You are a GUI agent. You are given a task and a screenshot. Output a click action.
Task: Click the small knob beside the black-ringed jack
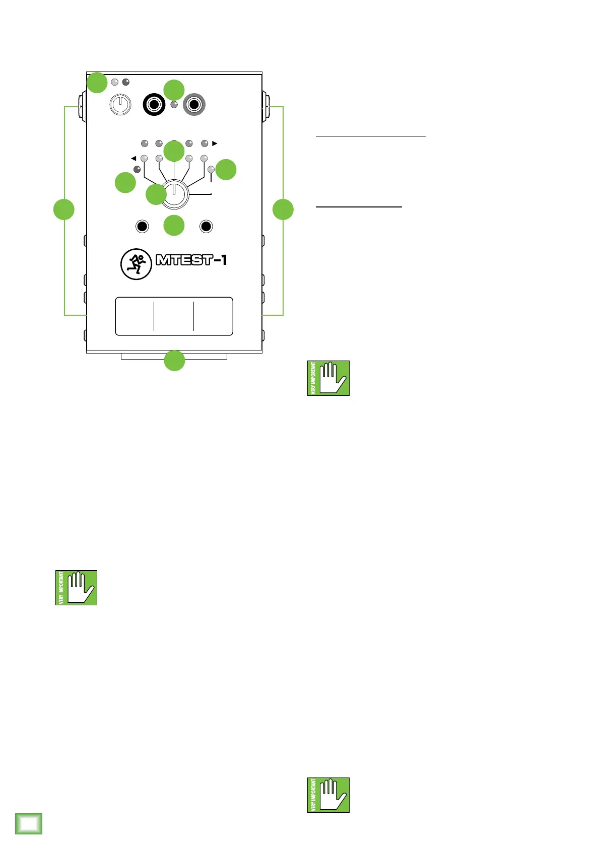120,105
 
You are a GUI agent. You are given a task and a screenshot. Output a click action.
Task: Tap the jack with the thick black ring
154,105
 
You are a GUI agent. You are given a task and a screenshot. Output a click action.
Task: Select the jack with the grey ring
194,105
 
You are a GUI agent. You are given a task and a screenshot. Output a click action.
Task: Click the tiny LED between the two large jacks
174,105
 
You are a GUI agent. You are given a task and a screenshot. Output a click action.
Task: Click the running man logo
136,264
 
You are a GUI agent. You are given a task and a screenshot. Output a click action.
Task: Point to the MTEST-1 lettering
191,260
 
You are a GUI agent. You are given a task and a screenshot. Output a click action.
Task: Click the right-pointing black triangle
215,144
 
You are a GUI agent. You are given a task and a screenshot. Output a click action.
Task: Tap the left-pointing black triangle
134,158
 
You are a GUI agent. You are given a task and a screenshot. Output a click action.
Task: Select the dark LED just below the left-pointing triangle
137,169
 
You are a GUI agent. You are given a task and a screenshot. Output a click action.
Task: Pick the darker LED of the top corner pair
126,82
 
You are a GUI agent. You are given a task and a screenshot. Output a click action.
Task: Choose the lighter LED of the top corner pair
115,82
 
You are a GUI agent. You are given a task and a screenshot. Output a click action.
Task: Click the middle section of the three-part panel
174,316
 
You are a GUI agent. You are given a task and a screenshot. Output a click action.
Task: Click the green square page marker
29,823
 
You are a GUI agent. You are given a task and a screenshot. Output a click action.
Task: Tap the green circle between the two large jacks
174,90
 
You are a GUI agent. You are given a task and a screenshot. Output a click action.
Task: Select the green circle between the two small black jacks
174,225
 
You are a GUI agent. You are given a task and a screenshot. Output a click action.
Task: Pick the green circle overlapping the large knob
156,194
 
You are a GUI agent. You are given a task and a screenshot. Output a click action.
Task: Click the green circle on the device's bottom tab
174,361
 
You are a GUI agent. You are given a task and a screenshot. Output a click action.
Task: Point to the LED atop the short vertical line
211,170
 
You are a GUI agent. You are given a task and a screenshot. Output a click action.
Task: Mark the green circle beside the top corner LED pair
97,83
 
